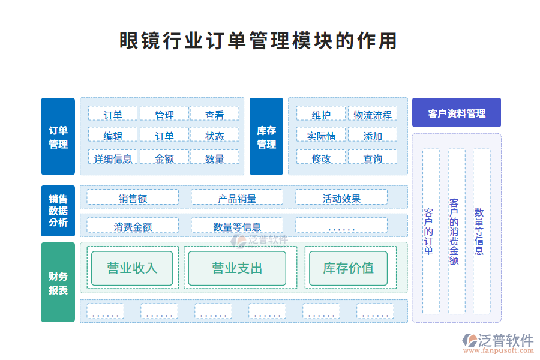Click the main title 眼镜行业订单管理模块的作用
point(259,41)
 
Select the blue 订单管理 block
point(58,137)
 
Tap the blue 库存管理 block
point(266,137)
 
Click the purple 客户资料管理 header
point(457,113)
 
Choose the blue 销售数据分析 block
point(58,211)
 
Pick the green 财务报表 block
point(58,283)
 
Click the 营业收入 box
point(132,268)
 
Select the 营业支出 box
point(237,268)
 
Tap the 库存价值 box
point(348,268)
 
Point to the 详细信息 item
point(113,158)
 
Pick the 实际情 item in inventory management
point(321,136)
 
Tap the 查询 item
point(373,158)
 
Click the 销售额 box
point(133,199)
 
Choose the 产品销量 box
point(237,199)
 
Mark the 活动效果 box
point(341,199)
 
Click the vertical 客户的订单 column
point(431,232)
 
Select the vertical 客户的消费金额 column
point(456,232)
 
